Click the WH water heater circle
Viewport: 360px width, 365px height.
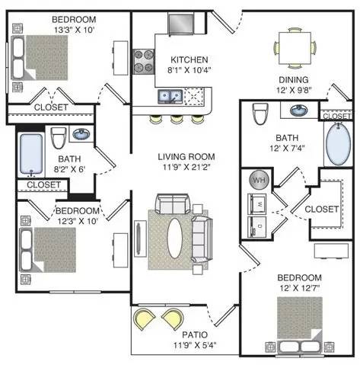(x=259, y=180)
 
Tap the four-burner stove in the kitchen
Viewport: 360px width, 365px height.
(x=144, y=62)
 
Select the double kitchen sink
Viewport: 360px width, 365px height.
(x=170, y=97)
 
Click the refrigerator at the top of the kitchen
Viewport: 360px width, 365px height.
(x=181, y=24)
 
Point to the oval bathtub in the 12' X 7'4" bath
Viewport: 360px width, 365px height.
(x=338, y=144)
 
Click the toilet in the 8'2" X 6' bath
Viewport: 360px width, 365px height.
(x=58, y=138)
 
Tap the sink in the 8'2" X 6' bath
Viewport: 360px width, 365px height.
(x=81, y=133)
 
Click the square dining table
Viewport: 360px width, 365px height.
(x=295, y=48)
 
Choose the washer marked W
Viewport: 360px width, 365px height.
(x=256, y=203)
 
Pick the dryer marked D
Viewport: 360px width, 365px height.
(x=256, y=226)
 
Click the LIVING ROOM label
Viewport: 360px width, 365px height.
(x=186, y=157)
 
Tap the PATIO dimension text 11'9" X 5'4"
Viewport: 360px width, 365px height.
(x=195, y=345)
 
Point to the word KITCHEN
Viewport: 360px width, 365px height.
(x=190, y=60)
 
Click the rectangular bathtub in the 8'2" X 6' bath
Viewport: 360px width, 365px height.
(x=31, y=154)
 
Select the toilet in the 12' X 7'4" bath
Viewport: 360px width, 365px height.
(x=260, y=114)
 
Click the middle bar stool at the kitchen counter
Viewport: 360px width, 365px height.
(x=177, y=120)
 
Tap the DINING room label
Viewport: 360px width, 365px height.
(x=294, y=80)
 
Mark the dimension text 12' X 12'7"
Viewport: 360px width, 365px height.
(x=300, y=288)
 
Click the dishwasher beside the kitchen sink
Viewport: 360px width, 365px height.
(x=194, y=97)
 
